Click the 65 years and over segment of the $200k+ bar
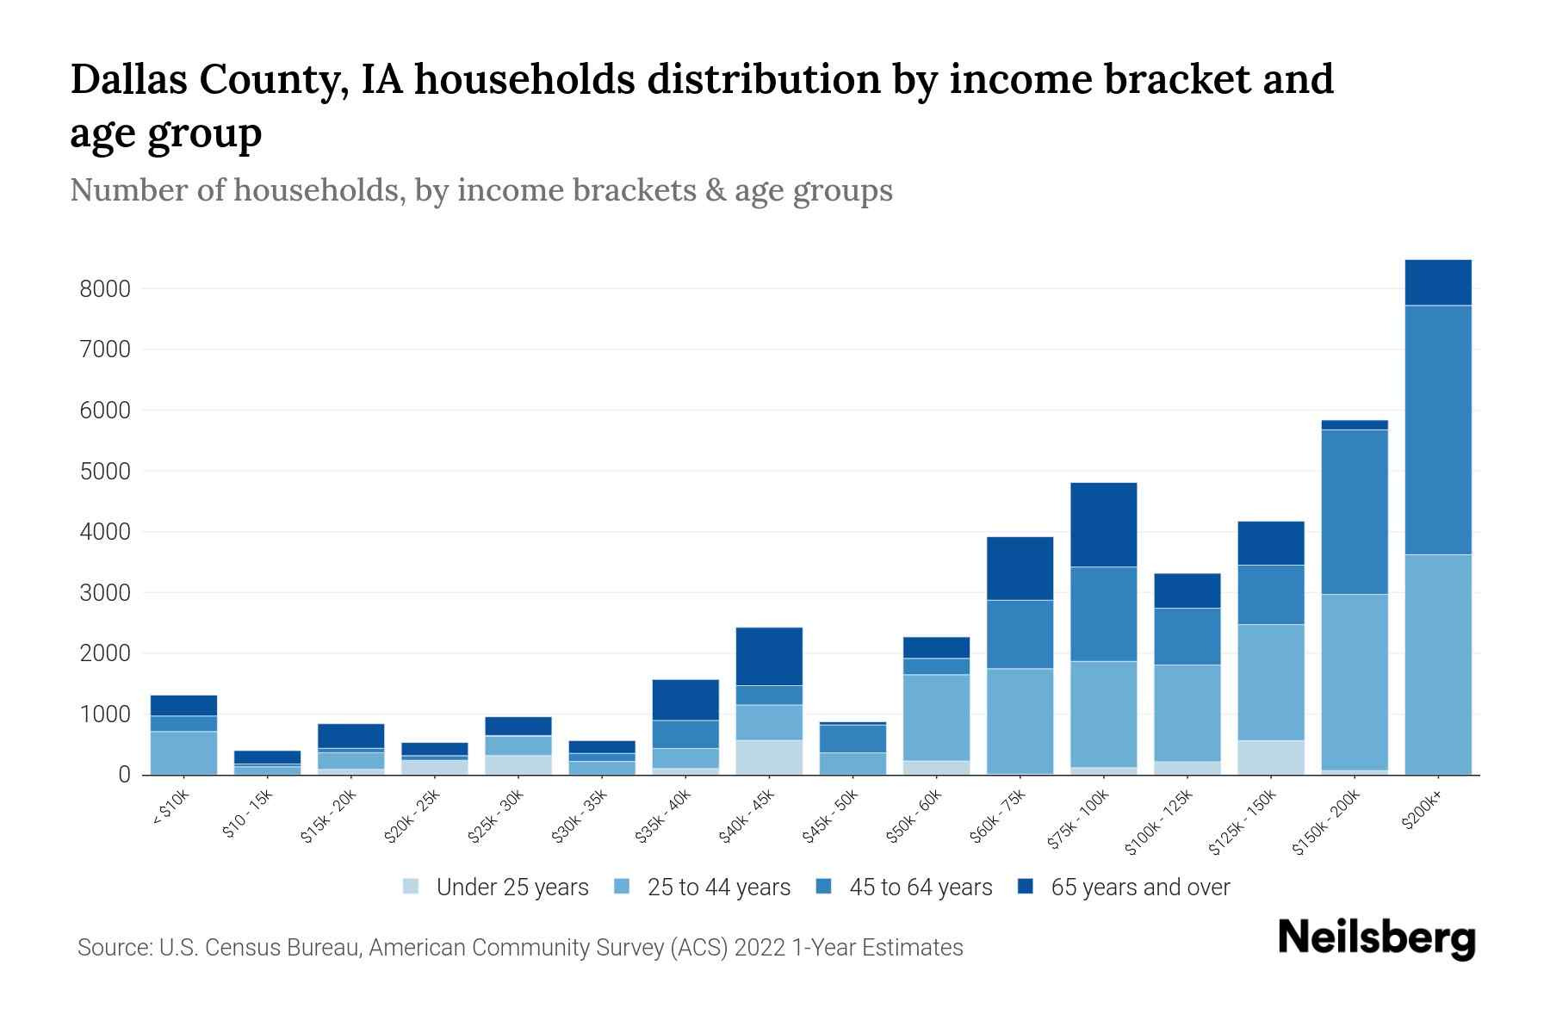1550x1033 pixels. tap(1437, 282)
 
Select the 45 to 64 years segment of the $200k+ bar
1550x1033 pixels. tap(1437, 430)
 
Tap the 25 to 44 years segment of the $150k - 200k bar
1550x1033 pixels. tap(1354, 682)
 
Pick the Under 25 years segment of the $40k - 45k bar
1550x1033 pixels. tap(769, 757)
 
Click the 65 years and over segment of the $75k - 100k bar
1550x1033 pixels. tap(1103, 524)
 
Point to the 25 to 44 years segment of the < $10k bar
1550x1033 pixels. tap(183, 752)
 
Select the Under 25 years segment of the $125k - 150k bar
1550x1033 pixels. tap(1270, 757)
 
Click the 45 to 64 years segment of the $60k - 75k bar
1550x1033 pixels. tap(1020, 634)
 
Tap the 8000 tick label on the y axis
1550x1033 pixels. tap(105, 289)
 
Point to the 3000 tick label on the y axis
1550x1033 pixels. tap(105, 593)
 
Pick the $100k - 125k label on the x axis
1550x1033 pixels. tap(1160, 822)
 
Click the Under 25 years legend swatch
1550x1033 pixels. tap(412, 887)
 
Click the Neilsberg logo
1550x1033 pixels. tap(1376, 938)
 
